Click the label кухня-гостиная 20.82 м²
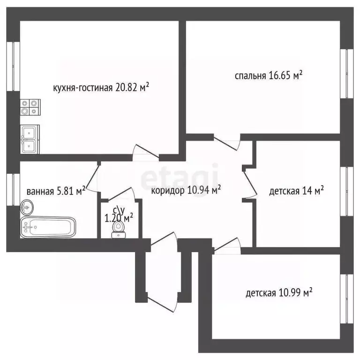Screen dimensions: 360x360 (x=101, y=88)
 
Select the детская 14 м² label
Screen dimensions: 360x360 (x=297, y=191)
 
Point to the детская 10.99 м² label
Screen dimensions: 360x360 (x=279, y=293)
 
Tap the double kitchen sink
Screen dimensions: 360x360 (x=30, y=139)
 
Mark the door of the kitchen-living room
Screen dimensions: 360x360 (x=145, y=153)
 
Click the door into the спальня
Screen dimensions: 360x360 (x=227, y=141)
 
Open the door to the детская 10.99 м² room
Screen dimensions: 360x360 (x=227, y=245)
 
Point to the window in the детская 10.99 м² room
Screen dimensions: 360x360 (x=348, y=293)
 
